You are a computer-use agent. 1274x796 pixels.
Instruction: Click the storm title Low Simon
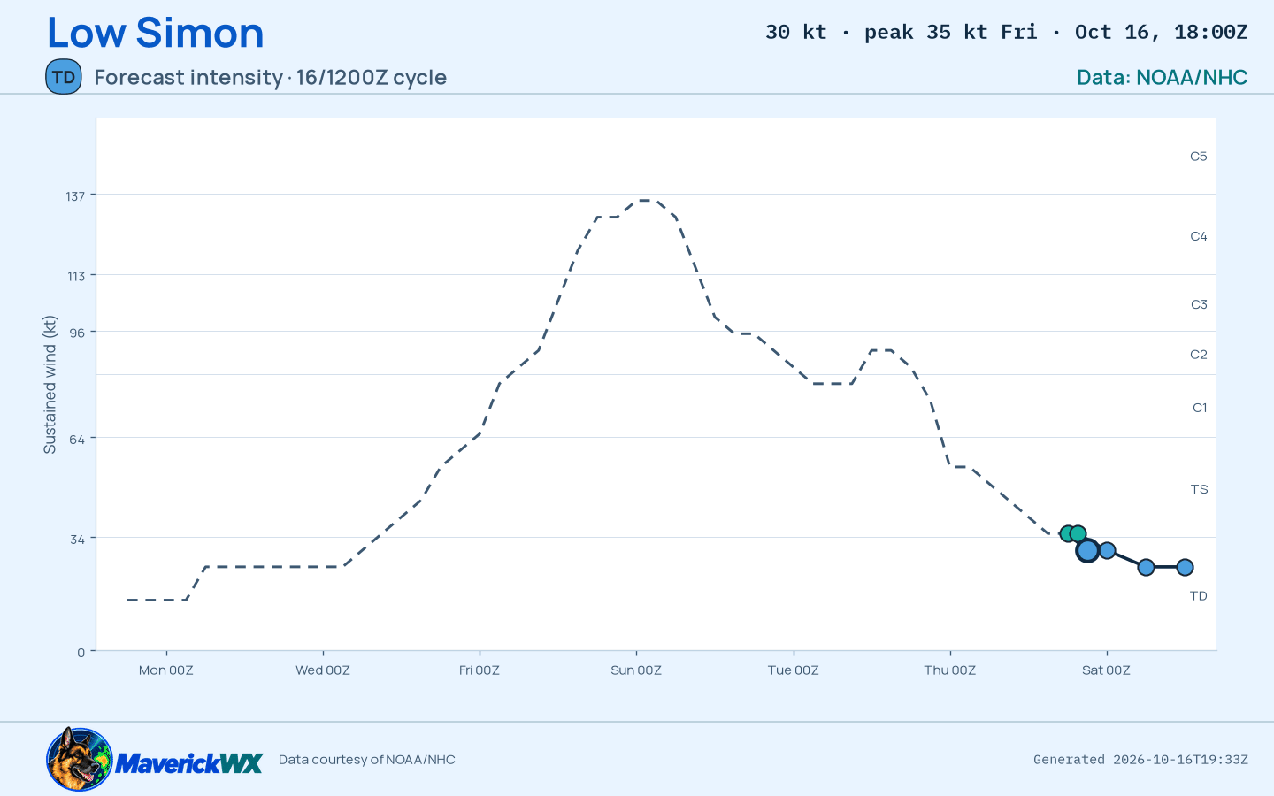click(x=156, y=33)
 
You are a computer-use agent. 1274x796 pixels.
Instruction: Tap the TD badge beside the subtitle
click(x=63, y=77)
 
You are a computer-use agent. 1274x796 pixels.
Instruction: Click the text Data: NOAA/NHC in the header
click(x=1162, y=77)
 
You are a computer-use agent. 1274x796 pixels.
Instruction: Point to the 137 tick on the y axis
click(x=75, y=196)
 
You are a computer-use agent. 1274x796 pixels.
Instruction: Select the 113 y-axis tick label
click(x=76, y=276)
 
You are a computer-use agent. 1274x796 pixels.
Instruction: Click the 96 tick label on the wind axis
click(x=77, y=333)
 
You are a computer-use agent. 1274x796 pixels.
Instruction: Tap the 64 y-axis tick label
click(x=77, y=439)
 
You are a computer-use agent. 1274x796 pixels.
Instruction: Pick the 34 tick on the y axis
click(x=77, y=539)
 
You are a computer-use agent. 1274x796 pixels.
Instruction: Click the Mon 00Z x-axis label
click(x=166, y=670)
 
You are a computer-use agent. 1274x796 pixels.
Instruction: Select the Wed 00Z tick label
click(x=322, y=670)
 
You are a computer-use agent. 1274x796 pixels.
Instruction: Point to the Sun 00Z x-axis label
click(x=636, y=670)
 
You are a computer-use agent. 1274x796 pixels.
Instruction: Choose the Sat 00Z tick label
click(x=1106, y=670)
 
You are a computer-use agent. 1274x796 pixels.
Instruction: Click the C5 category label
click(x=1198, y=157)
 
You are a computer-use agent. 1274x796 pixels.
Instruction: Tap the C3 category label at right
click(x=1199, y=305)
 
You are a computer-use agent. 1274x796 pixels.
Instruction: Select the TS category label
click(x=1199, y=490)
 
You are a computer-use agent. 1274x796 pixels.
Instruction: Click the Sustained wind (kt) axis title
click(x=50, y=385)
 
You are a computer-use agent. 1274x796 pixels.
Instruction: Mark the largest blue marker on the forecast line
click(x=1086, y=550)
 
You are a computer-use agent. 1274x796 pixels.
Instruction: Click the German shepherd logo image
click(x=79, y=759)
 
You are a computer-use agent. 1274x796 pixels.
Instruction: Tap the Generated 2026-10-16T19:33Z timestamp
click(x=1140, y=760)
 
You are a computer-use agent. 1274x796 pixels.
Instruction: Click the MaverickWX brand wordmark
click(x=188, y=763)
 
